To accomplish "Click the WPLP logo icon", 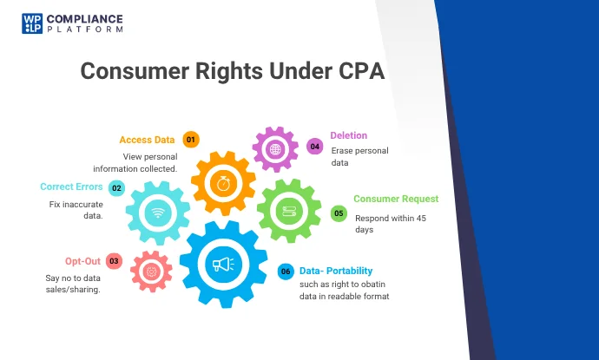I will click(x=32, y=23).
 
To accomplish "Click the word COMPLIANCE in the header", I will click(x=85, y=18).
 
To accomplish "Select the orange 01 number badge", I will click(x=191, y=140).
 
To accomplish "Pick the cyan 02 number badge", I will click(x=116, y=187).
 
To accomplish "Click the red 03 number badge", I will click(x=114, y=260).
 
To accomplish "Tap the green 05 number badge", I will click(x=339, y=213).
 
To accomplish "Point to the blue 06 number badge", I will click(x=286, y=272).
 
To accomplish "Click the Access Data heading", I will click(x=147, y=140).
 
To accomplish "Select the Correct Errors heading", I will click(x=71, y=187).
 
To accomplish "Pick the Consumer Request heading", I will click(x=396, y=199).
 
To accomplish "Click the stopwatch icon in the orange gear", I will click(x=223, y=184).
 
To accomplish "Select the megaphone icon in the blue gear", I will click(x=222, y=263).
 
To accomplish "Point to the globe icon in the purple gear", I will click(x=274, y=150).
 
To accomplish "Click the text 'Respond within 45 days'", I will click(x=388, y=224).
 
